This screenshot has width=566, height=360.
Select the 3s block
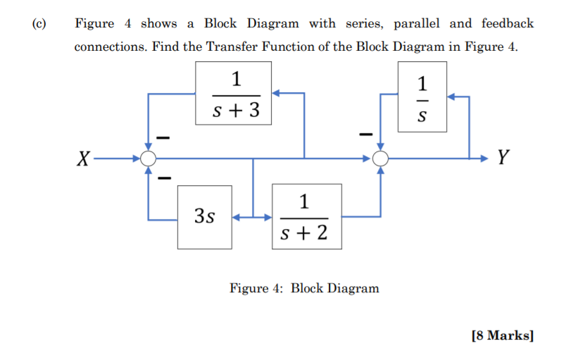coord(205,217)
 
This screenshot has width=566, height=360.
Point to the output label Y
coord(503,158)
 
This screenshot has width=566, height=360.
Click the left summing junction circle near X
coord(148,159)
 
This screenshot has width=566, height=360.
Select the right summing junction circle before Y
coord(380,159)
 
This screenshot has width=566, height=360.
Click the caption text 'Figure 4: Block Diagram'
coord(304,288)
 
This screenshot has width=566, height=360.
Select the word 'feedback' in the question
coord(508,24)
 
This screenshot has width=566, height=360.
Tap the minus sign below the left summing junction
coord(161,180)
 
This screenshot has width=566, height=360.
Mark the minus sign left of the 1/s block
coord(365,132)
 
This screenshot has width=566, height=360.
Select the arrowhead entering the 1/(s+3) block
coord(277,92)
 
